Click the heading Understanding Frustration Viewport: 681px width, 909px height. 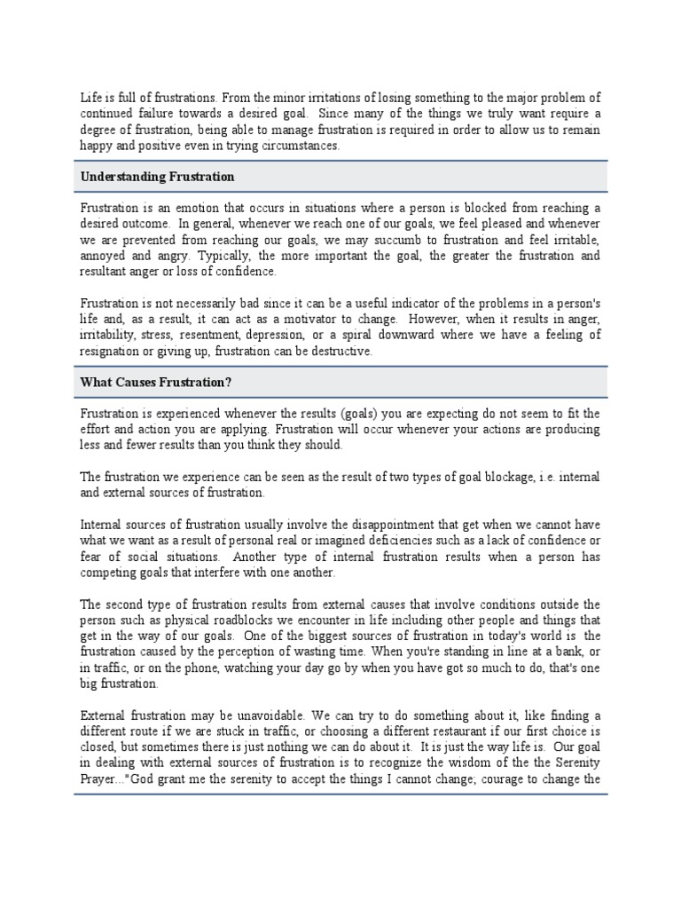point(158,177)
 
